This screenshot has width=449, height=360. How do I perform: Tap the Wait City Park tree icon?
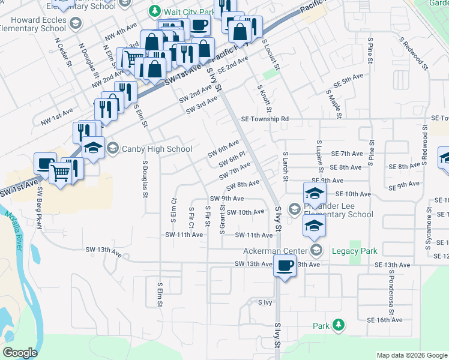(x=155, y=11)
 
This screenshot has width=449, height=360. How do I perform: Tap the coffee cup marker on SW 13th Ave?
(x=285, y=265)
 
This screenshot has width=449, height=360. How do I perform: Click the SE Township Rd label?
(x=265, y=119)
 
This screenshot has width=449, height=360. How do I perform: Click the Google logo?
(x=20, y=353)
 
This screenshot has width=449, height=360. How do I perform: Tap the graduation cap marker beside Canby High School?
(x=93, y=147)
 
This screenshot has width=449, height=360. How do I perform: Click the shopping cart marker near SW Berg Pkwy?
(x=61, y=172)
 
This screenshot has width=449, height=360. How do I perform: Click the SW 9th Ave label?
(x=226, y=198)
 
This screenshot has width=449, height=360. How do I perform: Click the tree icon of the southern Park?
(x=339, y=325)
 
